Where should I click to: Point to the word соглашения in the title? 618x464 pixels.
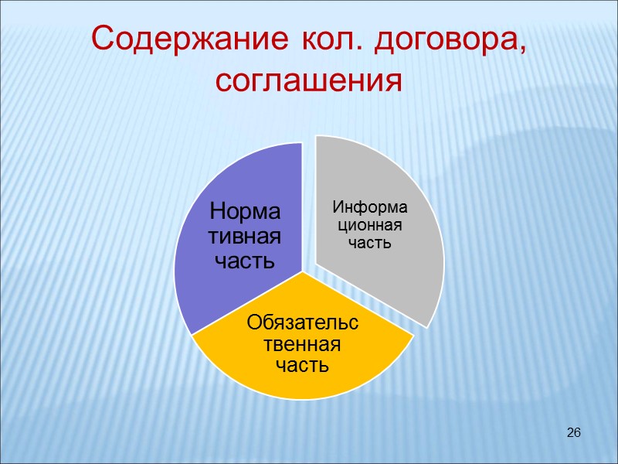(x=309, y=78)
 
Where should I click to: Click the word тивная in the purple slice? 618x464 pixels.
(x=246, y=236)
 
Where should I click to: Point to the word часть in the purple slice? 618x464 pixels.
(x=246, y=261)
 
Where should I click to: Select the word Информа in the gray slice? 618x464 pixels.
(x=369, y=207)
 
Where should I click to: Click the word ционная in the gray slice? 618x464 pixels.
(x=368, y=225)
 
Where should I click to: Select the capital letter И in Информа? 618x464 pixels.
(x=338, y=207)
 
